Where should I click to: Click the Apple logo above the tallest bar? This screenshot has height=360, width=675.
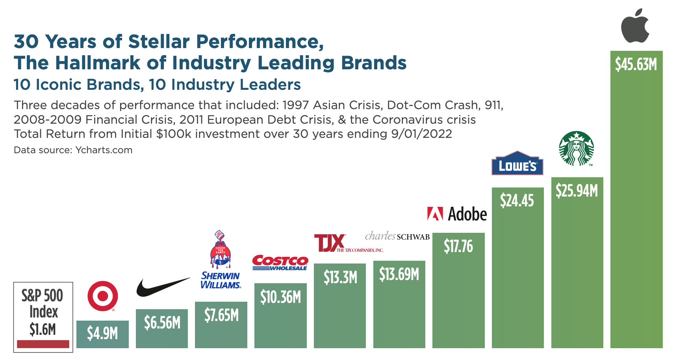tap(635, 26)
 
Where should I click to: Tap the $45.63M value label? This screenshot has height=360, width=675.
tap(636, 64)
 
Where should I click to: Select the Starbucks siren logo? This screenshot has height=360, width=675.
tap(577, 148)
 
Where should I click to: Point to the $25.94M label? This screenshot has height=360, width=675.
tap(577, 191)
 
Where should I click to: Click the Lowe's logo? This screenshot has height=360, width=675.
tap(517, 163)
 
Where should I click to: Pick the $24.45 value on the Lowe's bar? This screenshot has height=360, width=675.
tap(517, 200)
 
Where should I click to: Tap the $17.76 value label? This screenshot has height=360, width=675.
tap(458, 246)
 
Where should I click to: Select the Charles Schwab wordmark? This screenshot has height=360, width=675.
tap(397, 236)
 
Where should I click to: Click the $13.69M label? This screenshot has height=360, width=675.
tap(399, 274)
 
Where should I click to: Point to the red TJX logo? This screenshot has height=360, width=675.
tap(330, 243)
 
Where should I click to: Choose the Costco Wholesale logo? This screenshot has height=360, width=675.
tap(280, 263)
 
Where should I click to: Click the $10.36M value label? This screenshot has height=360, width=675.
tap(280, 297)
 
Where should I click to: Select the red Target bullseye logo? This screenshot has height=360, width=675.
tap(102, 296)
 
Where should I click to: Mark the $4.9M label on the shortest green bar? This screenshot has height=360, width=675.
tap(102, 333)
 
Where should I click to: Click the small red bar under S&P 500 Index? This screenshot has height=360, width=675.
tap(43, 344)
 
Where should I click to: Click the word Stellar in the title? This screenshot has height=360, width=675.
tap(159, 42)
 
